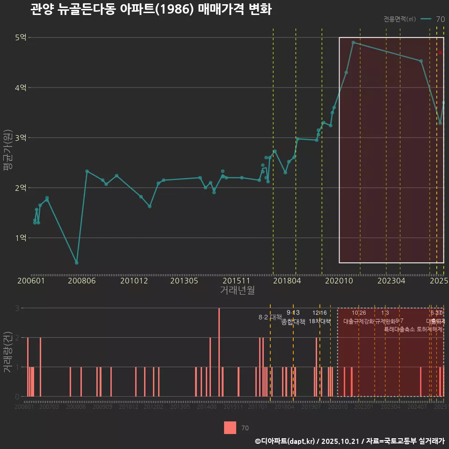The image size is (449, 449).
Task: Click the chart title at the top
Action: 151,9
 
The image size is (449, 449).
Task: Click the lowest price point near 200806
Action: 76,262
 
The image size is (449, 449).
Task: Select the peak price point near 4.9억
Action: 353,43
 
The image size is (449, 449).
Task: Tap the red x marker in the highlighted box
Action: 440,52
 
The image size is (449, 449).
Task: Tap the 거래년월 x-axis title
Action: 237,290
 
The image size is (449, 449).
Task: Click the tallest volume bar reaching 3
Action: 219,352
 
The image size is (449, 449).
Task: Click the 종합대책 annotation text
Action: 293,322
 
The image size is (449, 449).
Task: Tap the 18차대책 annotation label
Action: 320,321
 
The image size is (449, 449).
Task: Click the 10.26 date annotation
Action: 359,313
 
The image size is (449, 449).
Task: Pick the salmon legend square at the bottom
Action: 230,427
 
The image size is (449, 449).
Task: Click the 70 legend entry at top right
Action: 440,19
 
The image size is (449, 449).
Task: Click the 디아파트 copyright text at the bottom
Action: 349,441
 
